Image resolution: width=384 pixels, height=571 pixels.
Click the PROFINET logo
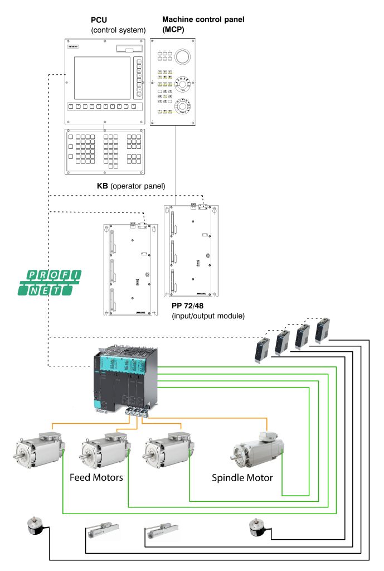coord(55,282)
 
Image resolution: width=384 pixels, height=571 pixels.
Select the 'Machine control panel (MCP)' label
coord(203,23)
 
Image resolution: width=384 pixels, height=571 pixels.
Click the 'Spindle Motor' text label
coord(242,478)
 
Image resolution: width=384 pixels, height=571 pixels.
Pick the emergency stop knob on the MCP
coord(182,56)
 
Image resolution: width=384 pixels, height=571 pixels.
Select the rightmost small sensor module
coord(323,331)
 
